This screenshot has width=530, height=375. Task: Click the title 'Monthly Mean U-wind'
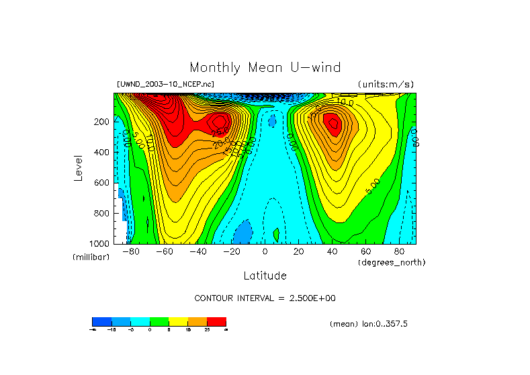point(265,68)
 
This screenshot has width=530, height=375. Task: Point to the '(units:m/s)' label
point(385,85)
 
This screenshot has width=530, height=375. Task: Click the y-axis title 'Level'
point(78,168)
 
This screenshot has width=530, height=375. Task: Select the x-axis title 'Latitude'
point(265,276)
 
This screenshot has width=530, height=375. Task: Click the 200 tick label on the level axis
point(102,122)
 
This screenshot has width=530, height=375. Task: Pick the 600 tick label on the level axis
point(102,183)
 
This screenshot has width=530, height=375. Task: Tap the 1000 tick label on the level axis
point(100,243)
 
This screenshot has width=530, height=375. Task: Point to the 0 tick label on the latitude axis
point(265,252)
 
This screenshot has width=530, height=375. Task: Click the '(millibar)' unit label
point(91,257)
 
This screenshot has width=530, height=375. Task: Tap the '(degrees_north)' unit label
point(392,262)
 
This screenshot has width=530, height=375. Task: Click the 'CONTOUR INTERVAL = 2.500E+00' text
point(265,298)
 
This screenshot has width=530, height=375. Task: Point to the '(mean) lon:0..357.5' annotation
point(369,324)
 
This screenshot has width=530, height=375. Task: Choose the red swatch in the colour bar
point(216,321)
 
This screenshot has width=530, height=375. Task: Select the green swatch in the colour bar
point(159,321)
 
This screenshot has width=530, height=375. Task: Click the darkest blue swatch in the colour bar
point(101,321)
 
